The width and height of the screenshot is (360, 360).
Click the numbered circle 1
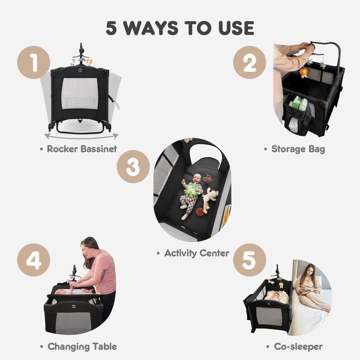[x=33, y=63]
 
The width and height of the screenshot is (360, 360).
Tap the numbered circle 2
[x=250, y=63]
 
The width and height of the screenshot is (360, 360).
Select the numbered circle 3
[x=133, y=166]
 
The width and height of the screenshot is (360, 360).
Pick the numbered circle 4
[x=33, y=260]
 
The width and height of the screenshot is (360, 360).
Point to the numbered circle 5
[x=250, y=260]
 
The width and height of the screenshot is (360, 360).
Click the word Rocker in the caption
[x=62, y=149]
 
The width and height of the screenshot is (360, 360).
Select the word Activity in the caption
[x=180, y=253]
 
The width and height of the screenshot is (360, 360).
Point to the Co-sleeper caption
[x=298, y=347]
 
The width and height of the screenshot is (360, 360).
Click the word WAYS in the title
[x=151, y=28]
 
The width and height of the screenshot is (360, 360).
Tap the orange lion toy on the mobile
[x=303, y=73]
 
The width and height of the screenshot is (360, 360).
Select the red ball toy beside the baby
[x=200, y=211]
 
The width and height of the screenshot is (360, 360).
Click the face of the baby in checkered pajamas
[x=197, y=179]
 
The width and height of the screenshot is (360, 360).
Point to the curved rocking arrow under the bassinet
[x=81, y=137]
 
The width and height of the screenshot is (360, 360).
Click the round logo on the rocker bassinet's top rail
[x=80, y=70]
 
